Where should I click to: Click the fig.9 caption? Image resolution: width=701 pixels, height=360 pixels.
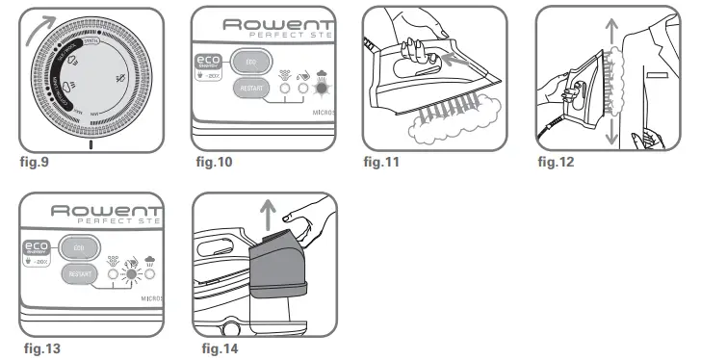point(34,162)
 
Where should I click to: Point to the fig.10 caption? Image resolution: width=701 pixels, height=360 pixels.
point(212,162)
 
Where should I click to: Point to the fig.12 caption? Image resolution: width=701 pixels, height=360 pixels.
point(556,162)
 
